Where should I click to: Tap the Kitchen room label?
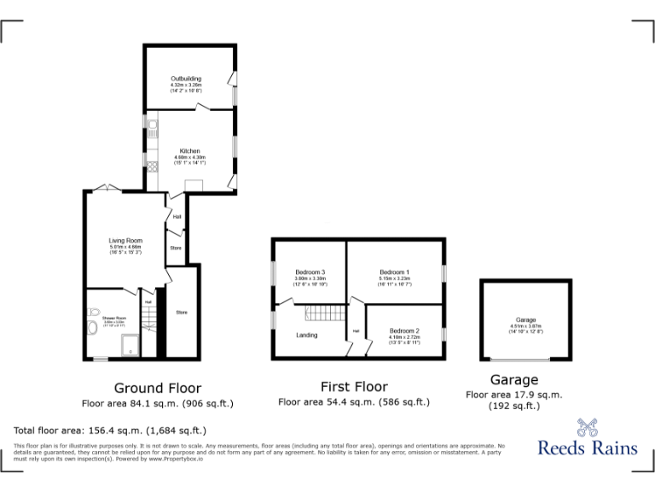coord(189,151)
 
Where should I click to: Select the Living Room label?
coord(125,241)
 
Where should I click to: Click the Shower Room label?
coord(102,317)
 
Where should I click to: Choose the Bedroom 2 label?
coord(404,331)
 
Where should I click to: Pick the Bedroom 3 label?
coord(310,272)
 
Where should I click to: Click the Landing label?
coord(306,335)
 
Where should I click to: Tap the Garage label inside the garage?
coord(525,319)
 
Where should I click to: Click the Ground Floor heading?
coord(157,389)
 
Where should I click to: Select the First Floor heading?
coord(353,387)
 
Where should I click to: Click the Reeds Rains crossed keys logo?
coord(587,428)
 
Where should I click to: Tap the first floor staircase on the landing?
coord(323,313)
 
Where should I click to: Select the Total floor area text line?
coord(110,430)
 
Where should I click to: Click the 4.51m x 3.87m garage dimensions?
coord(525,325)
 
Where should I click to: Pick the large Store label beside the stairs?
coord(182,313)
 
